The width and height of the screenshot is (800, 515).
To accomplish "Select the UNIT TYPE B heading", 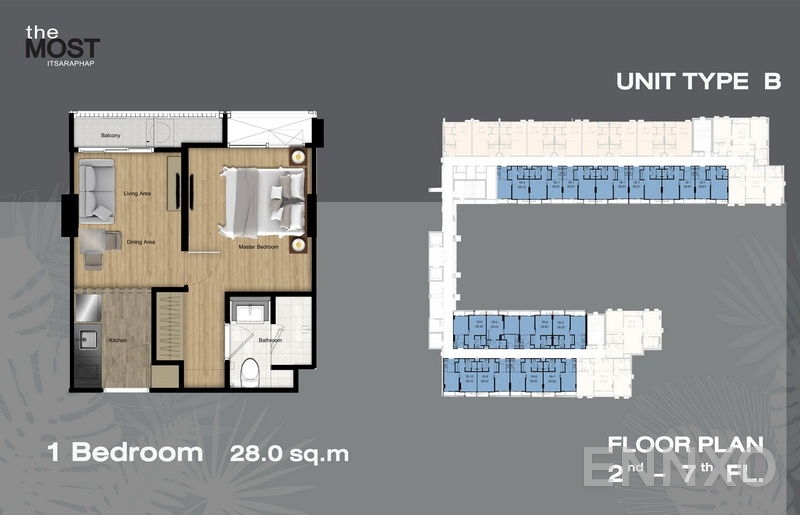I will (698, 82).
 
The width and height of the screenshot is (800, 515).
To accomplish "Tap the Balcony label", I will (111, 135).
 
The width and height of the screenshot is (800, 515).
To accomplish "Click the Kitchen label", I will (117, 341).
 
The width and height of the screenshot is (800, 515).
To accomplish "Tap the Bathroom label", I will (269, 340).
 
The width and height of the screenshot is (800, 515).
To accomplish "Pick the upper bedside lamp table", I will (297, 156).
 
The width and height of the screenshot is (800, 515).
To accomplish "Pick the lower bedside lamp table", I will (297, 243).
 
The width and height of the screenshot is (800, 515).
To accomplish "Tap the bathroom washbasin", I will (247, 315).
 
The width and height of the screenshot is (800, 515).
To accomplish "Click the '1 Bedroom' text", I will (125, 453).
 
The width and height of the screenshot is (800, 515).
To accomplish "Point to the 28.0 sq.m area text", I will (289, 454).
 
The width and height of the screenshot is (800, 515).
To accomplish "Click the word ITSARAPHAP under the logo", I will (63, 61).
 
